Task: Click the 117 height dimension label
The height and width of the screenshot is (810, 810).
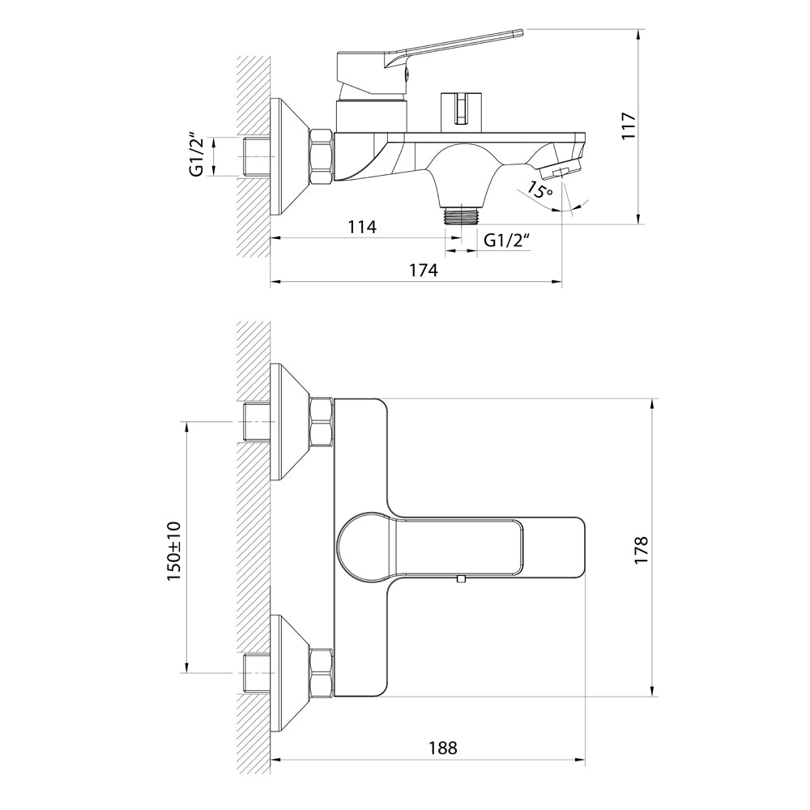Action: tap(629, 125)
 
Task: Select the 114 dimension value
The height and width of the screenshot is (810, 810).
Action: tap(361, 227)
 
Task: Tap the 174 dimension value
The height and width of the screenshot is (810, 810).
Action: tap(423, 271)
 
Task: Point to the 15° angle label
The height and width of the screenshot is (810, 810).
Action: tap(540, 191)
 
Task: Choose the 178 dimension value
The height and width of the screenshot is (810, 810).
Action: tap(641, 550)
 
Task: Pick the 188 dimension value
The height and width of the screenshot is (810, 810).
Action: tap(442, 748)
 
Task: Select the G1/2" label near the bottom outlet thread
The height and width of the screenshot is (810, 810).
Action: tap(507, 241)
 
